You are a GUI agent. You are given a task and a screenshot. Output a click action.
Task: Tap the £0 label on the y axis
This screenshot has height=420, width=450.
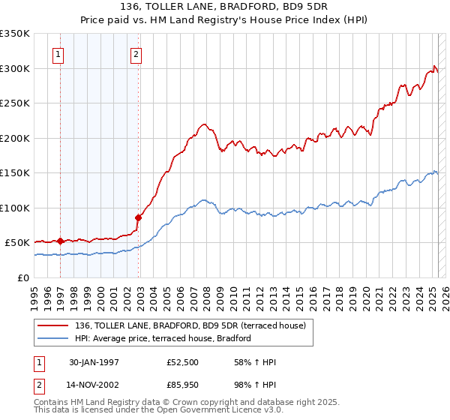[x=23, y=277]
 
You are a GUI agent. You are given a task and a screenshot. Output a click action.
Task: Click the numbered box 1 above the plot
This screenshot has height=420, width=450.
[x=58, y=54]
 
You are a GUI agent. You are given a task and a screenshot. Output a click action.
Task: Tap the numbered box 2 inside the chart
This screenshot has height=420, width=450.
[x=136, y=54]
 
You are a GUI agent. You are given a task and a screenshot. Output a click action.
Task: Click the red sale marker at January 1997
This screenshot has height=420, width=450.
[x=60, y=241]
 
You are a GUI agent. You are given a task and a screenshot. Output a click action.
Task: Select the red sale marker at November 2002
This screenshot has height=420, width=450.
[x=138, y=217]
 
